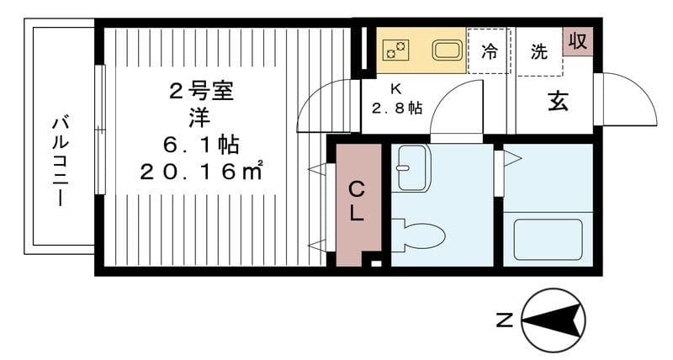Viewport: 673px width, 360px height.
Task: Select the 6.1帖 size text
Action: pos(202,144)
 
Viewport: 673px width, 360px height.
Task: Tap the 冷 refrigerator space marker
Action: pos(489,50)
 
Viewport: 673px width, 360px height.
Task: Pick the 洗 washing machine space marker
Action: pos(538,50)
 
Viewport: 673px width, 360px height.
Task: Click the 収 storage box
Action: pos(578,40)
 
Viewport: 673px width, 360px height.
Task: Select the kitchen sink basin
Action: pos(447,50)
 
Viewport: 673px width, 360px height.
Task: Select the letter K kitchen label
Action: pos(395,88)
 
